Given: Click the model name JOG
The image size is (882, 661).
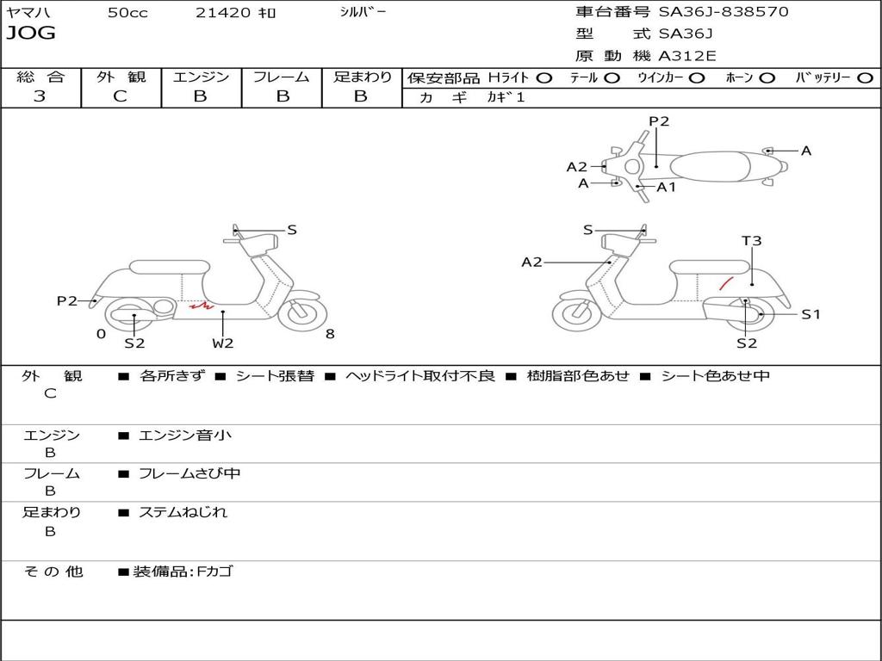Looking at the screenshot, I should click(x=30, y=34).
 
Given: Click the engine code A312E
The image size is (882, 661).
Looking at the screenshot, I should click(x=687, y=57).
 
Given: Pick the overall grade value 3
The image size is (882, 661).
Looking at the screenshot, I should click(x=40, y=96).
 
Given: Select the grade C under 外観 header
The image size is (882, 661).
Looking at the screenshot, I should click(x=120, y=96).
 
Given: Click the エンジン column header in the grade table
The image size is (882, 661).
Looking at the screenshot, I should click(x=201, y=77).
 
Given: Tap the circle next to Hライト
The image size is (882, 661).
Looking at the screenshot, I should click(x=543, y=77).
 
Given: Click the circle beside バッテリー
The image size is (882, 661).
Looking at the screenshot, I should click(x=865, y=77).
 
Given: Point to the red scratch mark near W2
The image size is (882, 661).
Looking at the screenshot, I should click(x=201, y=306).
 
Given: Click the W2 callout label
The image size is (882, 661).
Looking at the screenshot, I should click(x=223, y=343).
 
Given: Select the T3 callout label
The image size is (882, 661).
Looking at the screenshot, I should click(x=752, y=241).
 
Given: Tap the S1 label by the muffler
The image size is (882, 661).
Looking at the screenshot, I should click(x=811, y=314).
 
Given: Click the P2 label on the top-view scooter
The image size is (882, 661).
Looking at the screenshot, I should click(x=659, y=121).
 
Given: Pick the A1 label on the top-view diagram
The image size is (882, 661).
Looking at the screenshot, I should click(x=667, y=187).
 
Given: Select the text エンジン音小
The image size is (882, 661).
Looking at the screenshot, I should click(x=185, y=436).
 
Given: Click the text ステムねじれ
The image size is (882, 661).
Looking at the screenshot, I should click(x=183, y=512).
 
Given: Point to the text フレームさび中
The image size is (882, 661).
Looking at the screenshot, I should click(x=189, y=473).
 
